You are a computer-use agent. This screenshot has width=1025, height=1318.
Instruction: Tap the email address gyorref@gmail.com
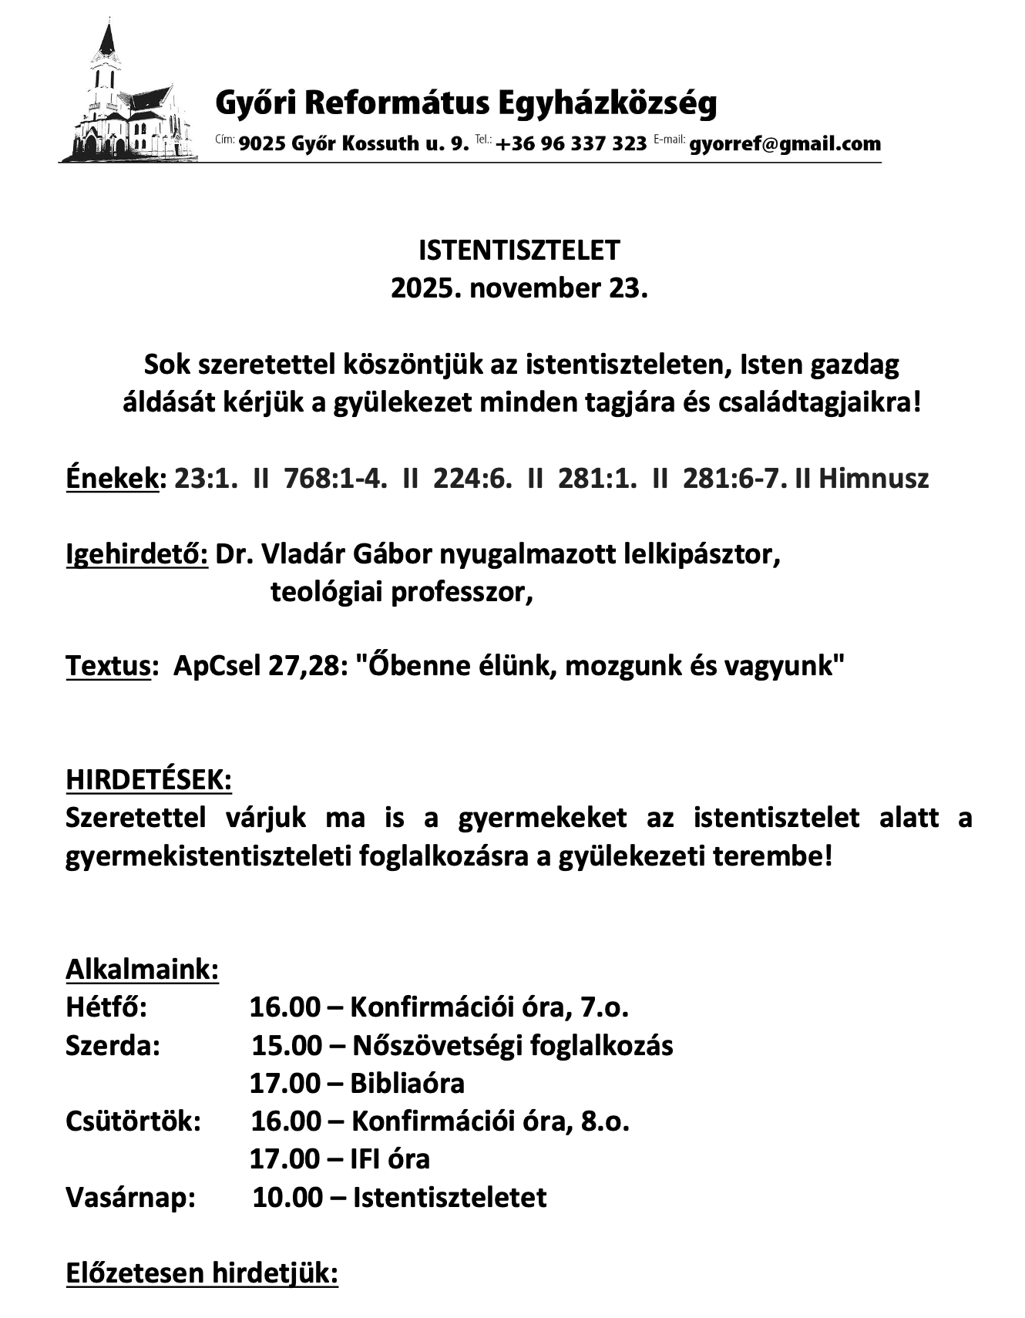click(x=785, y=144)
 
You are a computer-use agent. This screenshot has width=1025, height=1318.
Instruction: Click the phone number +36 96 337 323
click(x=571, y=144)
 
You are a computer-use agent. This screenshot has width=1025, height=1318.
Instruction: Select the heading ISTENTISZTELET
click(x=519, y=250)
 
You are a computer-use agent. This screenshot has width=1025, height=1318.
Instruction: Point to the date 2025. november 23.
click(x=519, y=288)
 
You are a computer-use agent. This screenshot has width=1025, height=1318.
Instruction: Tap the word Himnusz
click(x=873, y=479)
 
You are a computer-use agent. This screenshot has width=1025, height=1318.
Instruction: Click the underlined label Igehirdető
click(x=136, y=554)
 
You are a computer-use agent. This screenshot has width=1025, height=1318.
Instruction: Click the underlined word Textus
click(x=108, y=665)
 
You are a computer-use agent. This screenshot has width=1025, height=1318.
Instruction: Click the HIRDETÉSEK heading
click(x=149, y=779)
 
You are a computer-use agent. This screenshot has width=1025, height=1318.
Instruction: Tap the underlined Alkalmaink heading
click(x=143, y=969)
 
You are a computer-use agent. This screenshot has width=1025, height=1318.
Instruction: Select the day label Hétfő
click(x=106, y=1007)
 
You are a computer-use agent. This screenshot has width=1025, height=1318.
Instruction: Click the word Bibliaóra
click(x=407, y=1083)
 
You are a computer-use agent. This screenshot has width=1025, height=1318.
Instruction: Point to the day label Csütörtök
click(x=133, y=1121)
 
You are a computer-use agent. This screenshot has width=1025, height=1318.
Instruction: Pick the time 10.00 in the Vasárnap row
click(x=287, y=1197)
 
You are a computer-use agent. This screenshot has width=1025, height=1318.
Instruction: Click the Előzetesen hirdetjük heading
click(x=202, y=1273)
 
